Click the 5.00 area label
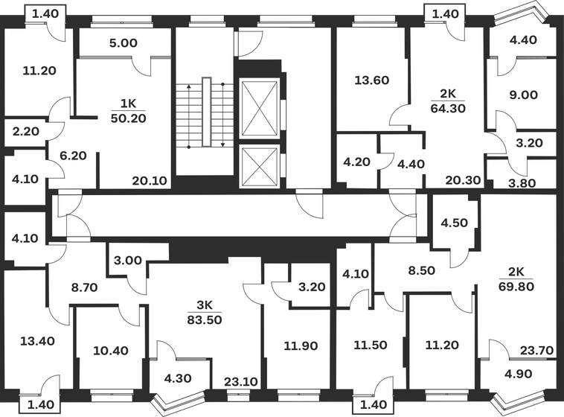(x=123, y=43)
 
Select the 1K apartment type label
(x=129, y=104)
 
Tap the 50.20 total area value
(x=129, y=117)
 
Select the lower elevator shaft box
(x=259, y=165)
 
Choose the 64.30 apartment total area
(x=447, y=108)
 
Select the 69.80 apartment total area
(x=520, y=285)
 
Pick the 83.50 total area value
(x=205, y=319)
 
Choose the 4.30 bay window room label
(x=177, y=378)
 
